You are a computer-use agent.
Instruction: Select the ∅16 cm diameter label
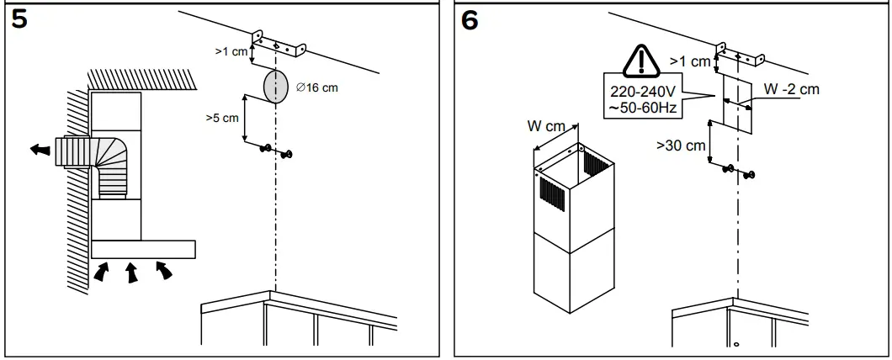(317, 88)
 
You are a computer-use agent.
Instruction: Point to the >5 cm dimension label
(221, 119)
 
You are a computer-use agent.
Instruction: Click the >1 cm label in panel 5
(232, 52)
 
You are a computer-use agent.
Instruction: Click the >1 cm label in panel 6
(689, 61)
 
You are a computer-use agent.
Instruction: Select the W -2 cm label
(791, 90)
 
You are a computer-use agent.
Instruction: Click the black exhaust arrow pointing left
(39, 150)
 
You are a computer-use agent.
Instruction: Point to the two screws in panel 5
(278, 151)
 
